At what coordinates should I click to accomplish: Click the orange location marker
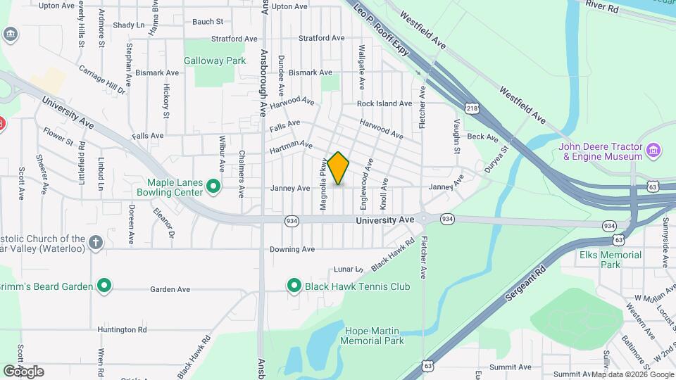click(339, 167)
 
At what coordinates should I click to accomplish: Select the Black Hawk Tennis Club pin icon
click(294, 286)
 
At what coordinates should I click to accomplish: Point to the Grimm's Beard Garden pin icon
click(104, 286)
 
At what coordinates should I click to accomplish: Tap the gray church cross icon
click(96, 243)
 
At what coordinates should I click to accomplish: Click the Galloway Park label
click(215, 61)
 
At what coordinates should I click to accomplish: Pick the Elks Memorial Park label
click(611, 260)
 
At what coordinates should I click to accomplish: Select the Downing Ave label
click(292, 249)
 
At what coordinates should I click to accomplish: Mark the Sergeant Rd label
click(525, 285)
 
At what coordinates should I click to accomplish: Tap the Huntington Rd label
click(123, 329)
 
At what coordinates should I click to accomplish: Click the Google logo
click(23, 371)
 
